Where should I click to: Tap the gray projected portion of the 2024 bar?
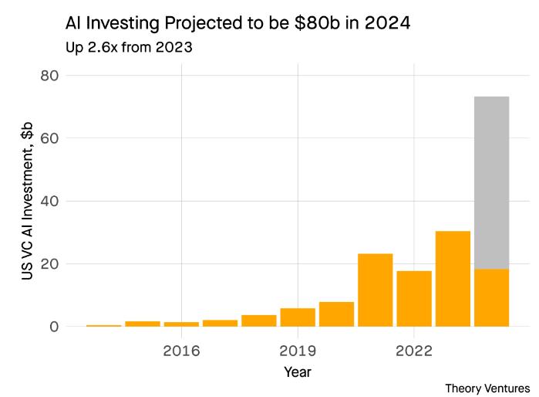(x=491, y=182)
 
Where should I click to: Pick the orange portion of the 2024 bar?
(x=491, y=297)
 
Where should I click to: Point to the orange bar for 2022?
(x=414, y=298)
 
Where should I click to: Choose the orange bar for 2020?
(x=336, y=314)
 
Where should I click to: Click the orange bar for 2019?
(x=298, y=317)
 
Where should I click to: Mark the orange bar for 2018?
(x=259, y=321)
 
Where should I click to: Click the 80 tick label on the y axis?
(x=50, y=76)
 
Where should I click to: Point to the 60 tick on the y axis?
(x=50, y=138)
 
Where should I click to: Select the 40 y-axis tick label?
(x=50, y=201)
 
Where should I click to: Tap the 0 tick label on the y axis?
(x=54, y=327)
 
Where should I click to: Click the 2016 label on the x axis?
(x=181, y=350)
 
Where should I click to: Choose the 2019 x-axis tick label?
(x=298, y=350)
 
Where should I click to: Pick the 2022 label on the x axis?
(x=414, y=350)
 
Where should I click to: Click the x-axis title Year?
(x=297, y=372)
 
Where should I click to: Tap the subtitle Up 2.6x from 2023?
(x=129, y=48)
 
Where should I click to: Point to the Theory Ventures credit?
(x=487, y=388)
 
